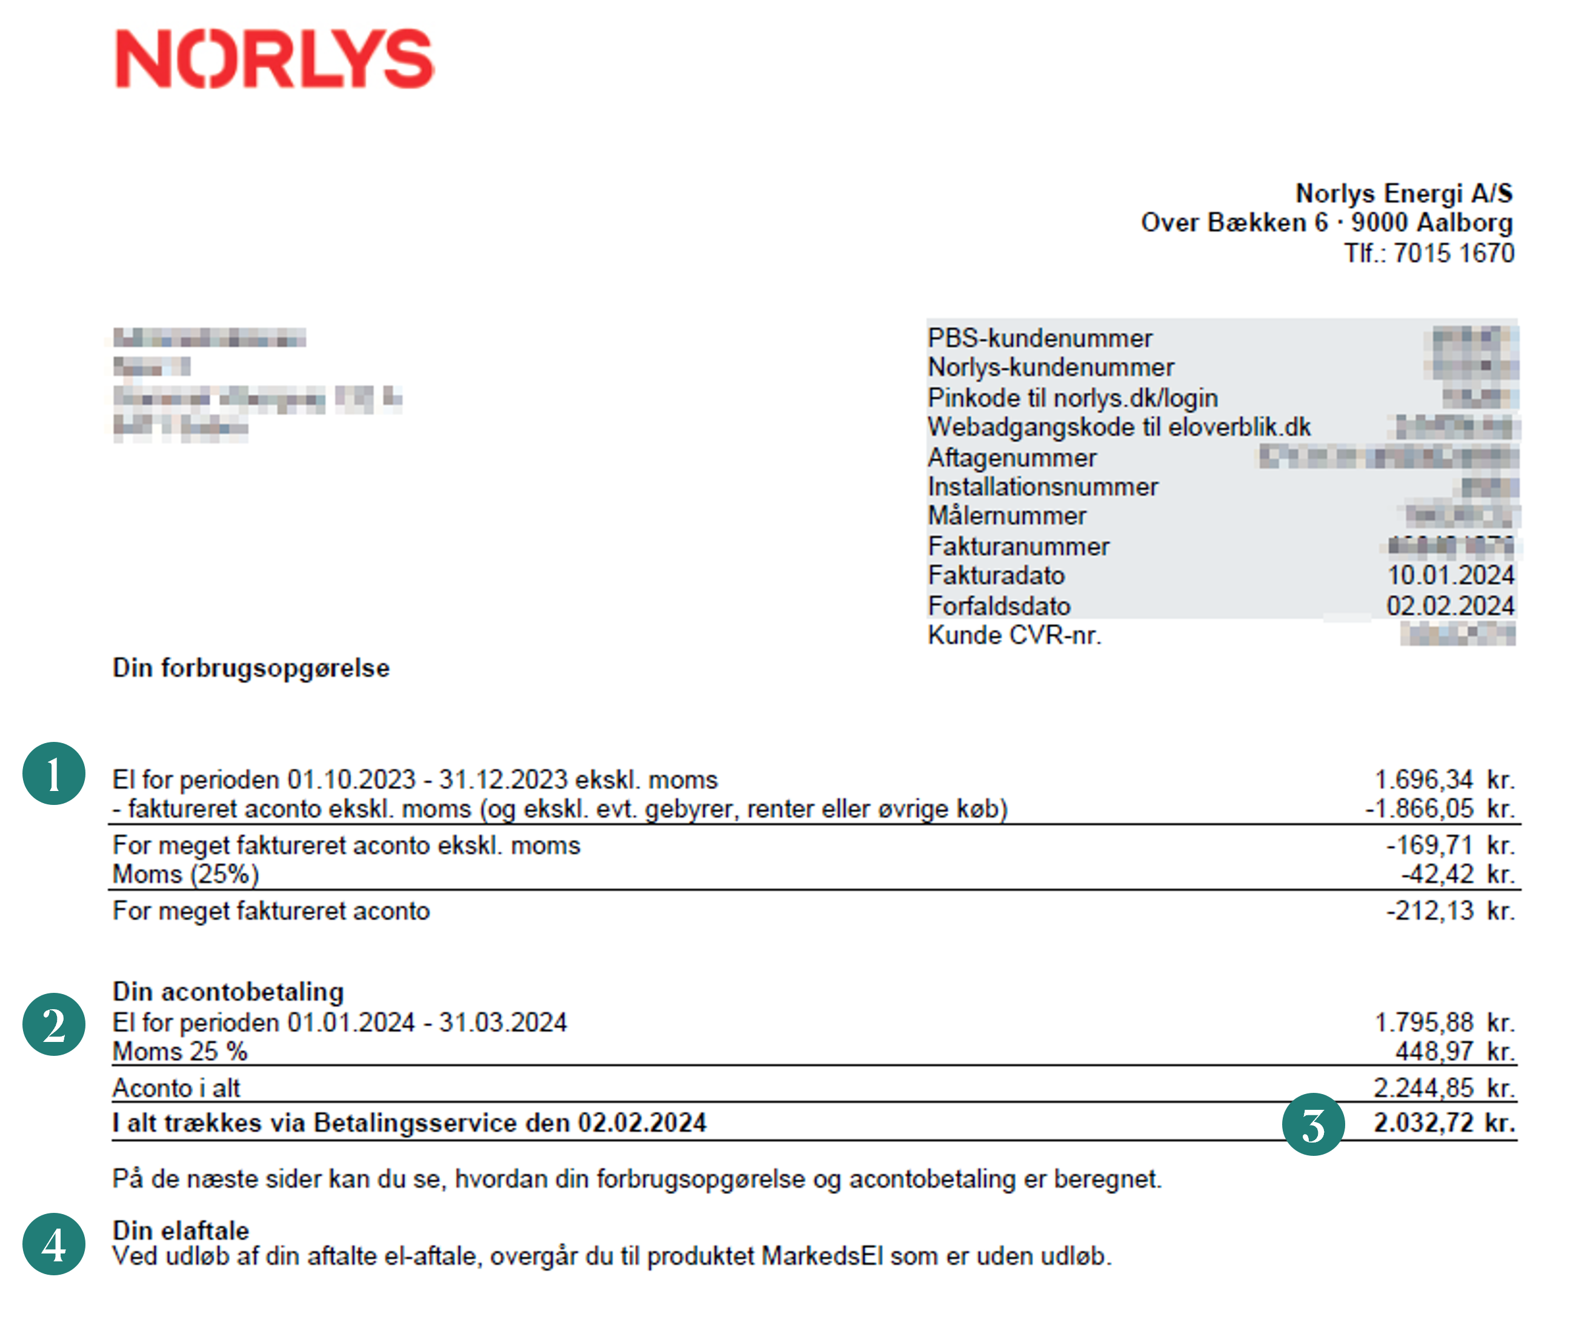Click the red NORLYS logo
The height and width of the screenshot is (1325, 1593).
[274, 59]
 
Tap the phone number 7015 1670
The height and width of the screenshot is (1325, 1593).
[1454, 253]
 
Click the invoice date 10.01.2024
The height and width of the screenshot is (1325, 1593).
[1451, 576]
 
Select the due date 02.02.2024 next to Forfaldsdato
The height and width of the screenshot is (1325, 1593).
[1449, 606]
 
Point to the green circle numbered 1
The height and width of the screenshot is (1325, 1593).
[54, 773]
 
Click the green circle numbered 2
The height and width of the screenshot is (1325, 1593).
[54, 1024]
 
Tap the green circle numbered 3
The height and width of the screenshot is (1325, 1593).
[1313, 1124]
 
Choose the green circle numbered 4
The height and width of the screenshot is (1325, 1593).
[54, 1244]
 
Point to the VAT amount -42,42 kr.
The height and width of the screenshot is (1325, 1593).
[1457, 874]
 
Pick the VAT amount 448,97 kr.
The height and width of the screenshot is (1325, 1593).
[1455, 1052]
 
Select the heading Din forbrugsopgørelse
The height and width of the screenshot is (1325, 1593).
[251, 669]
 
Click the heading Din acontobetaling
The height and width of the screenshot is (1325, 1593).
[228, 992]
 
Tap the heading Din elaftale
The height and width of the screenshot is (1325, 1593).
[181, 1230]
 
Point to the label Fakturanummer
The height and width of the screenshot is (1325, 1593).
[1018, 546]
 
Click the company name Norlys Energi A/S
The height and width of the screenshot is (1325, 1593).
[1403, 193]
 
